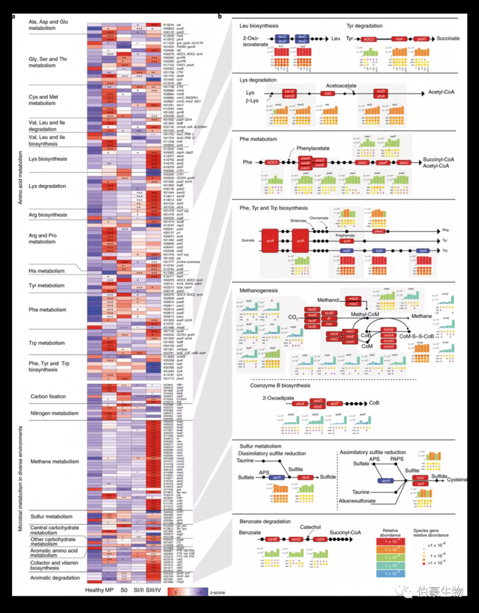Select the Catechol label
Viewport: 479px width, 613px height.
click(311, 527)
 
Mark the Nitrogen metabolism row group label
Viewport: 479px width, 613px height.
click(54, 412)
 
